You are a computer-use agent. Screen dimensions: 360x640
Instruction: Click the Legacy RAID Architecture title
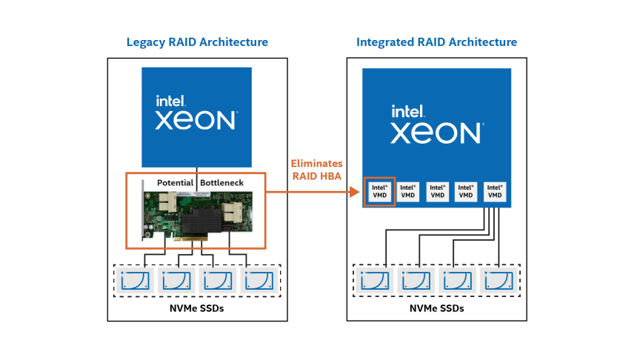[197, 42]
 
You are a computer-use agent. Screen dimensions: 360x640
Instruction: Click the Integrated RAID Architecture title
[436, 42]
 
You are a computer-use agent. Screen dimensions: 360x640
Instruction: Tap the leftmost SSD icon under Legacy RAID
[134, 281]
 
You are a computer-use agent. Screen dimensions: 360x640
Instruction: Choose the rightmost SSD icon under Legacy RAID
[259, 281]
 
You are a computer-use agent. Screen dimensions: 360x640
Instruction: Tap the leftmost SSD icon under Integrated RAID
[374, 281]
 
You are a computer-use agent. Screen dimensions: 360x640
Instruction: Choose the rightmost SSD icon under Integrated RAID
[499, 281]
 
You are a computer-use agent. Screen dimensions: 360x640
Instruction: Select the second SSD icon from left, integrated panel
[416, 281]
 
